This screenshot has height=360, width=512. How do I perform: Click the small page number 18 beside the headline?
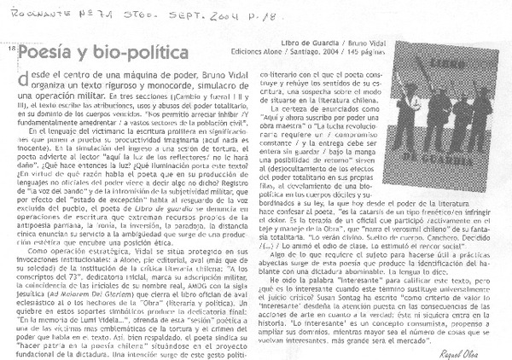click(x=10, y=49)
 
